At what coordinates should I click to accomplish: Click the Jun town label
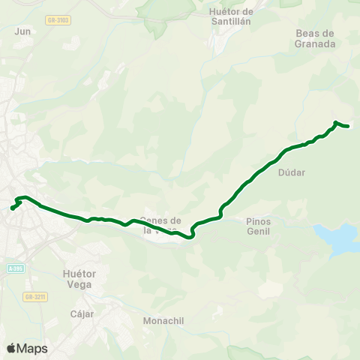click(x=22, y=31)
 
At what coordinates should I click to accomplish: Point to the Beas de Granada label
click(x=314, y=39)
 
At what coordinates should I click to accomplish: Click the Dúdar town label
click(x=291, y=172)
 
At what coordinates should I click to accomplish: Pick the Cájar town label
click(x=82, y=313)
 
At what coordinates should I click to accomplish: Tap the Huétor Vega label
click(x=77, y=280)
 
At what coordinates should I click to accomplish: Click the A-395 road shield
click(x=15, y=268)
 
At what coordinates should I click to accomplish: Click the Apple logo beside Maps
click(x=11, y=349)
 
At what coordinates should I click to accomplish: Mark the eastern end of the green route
click(x=349, y=126)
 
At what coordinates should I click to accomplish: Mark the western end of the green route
click(x=11, y=208)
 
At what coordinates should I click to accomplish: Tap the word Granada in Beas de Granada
click(x=314, y=44)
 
